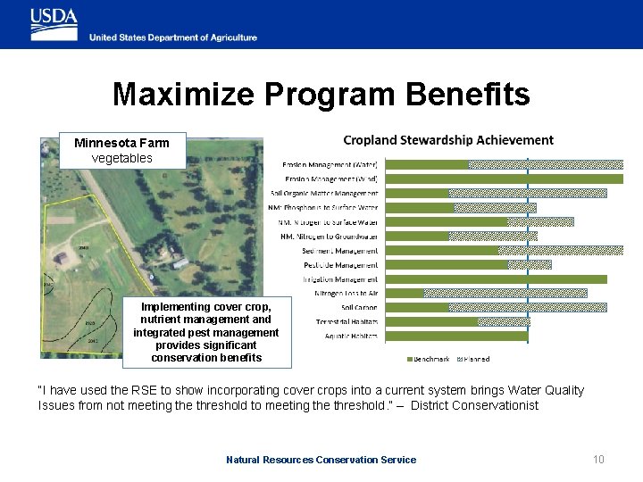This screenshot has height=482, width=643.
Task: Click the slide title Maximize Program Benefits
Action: coord(321,95)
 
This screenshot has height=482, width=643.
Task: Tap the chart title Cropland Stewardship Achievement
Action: coord(448,140)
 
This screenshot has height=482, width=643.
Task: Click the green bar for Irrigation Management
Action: coord(495,279)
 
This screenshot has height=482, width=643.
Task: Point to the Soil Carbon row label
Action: coord(359,307)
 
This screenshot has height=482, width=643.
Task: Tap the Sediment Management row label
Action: coord(340,251)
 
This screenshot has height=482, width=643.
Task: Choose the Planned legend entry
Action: coord(472,359)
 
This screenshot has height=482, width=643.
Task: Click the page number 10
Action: coord(598,460)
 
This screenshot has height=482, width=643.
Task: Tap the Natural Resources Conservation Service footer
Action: coord(321,460)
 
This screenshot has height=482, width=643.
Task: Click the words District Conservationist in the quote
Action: coord(489,405)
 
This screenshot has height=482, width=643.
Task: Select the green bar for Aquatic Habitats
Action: coord(455,337)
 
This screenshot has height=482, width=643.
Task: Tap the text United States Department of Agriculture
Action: coord(172,37)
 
